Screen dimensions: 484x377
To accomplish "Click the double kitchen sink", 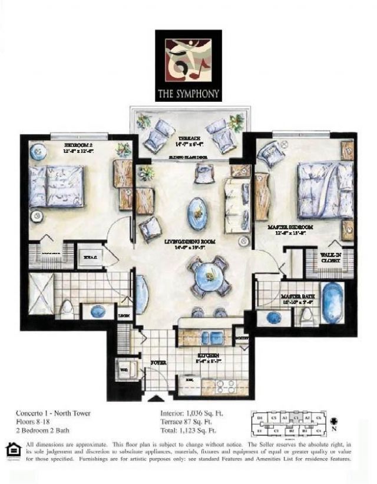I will click(x=209, y=338).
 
